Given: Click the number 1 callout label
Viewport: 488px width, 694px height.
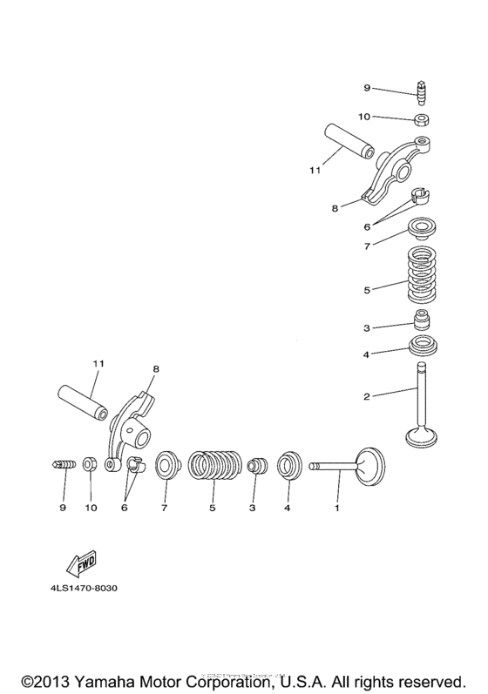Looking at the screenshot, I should (x=337, y=506).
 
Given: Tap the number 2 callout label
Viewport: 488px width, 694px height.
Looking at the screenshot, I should (x=368, y=396).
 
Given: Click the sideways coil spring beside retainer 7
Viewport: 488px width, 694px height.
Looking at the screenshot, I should (x=214, y=466).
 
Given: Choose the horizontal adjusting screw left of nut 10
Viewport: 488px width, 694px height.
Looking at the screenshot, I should (x=62, y=468).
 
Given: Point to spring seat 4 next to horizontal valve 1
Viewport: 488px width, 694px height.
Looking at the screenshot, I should (x=289, y=467).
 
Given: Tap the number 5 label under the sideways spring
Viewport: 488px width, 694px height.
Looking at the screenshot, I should (x=212, y=506).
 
